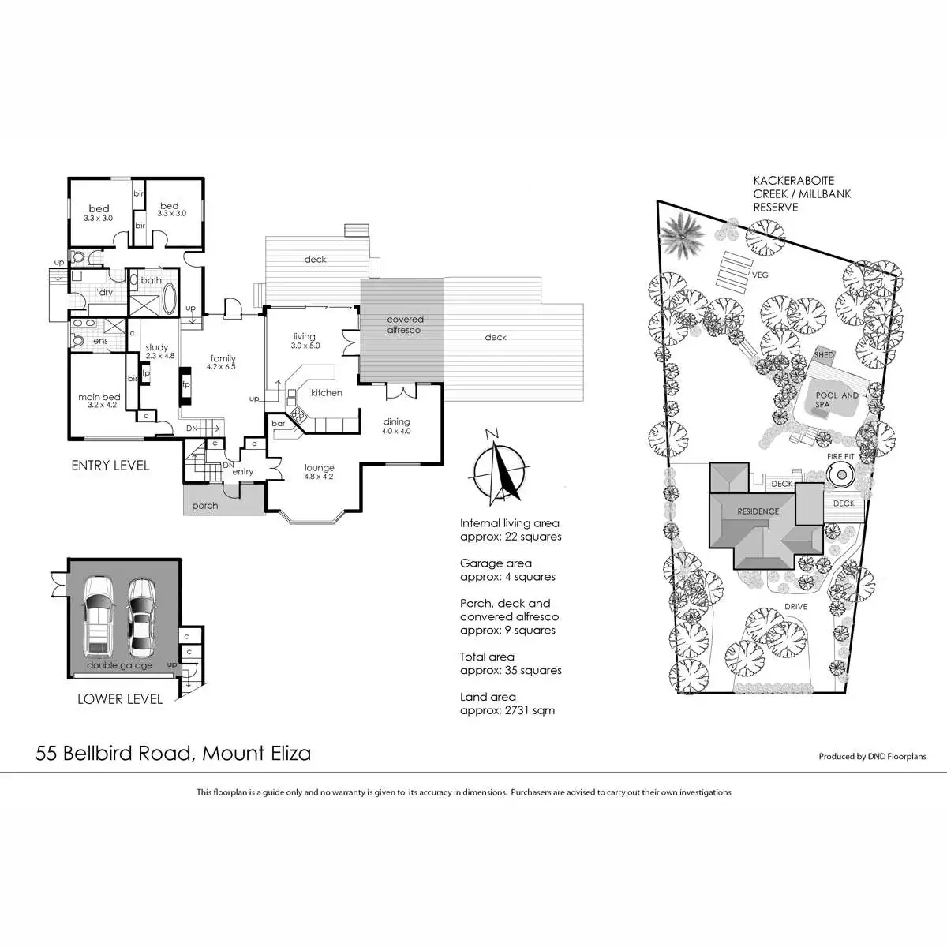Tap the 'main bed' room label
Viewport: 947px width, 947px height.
coord(99,397)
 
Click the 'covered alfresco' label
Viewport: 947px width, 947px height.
coord(405,324)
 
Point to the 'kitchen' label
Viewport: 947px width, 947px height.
coord(326,392)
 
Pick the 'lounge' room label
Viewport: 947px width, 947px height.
coord(320,468)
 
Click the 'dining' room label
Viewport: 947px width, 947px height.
coord(396,422)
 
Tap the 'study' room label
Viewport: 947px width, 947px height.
coord(156,347)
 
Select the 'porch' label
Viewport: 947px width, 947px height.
coord(204,506)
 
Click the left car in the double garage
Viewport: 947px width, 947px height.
coord(98,615)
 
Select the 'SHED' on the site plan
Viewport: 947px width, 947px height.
coord(824,355)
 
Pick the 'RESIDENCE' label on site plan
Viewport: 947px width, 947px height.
coord(758,511)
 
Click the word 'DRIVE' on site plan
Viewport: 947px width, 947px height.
coord(795,607)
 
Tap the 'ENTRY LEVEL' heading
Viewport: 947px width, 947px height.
coord(110,466)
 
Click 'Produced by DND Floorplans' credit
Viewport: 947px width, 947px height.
coord(872,756)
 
